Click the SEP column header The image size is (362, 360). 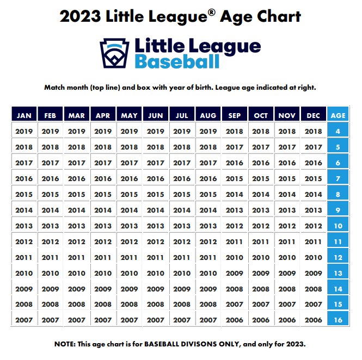pos(235,115)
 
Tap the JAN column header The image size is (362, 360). pos(24,115)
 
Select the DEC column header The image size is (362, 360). pos(314,115)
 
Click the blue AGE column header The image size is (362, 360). pos(338,115)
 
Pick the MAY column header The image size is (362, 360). pos(129,115)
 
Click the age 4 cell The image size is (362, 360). pos(338,131)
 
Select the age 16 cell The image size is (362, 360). pos(338,320)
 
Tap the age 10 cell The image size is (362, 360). pos(338,226)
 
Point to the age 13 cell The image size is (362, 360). pos(338,273)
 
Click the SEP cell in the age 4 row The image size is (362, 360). pos(235,131)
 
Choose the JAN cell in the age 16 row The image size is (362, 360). pos(24,320)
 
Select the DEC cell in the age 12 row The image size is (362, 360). pos(314,257)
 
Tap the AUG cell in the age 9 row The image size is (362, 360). pos(208,210)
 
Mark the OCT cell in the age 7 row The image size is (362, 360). pos(261,178)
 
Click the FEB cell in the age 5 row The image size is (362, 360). pos(51,147)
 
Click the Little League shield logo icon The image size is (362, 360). pos(114,52)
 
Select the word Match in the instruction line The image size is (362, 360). pos(55,87)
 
